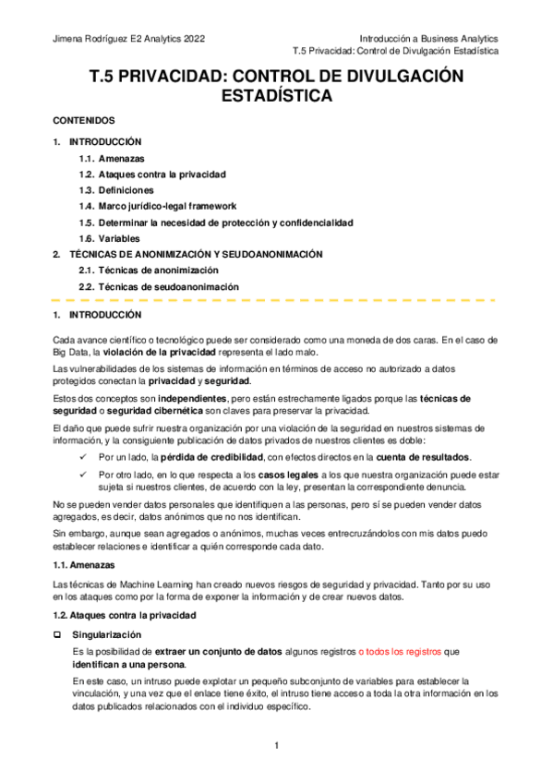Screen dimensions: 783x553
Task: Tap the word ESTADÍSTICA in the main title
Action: coord(277,96)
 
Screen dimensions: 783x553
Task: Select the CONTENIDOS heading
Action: coord(83,121)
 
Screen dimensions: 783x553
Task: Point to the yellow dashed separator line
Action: coord(277,300)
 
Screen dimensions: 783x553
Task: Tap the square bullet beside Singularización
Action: coord(57,635)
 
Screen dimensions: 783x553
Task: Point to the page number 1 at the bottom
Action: coord(276,745)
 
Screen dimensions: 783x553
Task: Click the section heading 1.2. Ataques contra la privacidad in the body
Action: coord(125,614)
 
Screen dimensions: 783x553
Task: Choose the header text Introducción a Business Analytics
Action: coord(428,39)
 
